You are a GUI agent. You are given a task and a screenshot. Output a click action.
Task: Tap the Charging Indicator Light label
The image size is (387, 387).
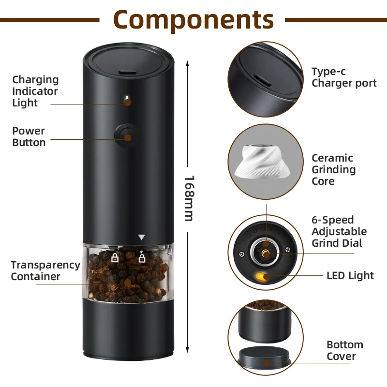click(x=35, y=91)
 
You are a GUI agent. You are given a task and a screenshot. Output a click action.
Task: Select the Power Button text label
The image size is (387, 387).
click(x=29, y=136)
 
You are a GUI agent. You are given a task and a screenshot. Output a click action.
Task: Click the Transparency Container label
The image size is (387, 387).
click(x=45, y=271)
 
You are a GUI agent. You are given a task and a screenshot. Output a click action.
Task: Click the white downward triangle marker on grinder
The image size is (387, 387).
click(x=141, y=238)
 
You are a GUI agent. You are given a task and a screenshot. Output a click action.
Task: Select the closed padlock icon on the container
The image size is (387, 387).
click(x=115, y=257)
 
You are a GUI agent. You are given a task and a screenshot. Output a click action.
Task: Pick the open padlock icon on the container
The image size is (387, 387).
click(x=142, y=257)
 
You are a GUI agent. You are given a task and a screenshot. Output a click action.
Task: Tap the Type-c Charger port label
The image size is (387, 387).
click(x=343, y=77)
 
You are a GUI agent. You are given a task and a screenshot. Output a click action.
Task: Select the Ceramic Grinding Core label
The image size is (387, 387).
click(x=333, y=169)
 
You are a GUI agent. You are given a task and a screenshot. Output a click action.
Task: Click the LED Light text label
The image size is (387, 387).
click(x=350, y=276)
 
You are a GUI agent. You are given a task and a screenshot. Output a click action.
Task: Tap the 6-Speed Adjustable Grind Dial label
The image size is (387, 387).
click(x=339, y=231)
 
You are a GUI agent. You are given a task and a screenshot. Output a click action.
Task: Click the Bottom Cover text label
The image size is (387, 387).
click(x=344, y=351)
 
